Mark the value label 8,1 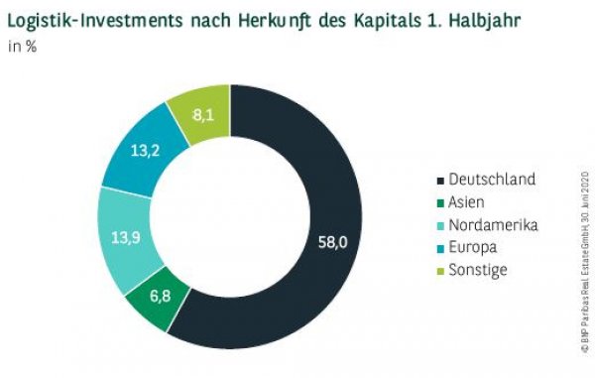(x=204, y=115)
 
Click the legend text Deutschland (x=491, y=180)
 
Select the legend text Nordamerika (x=493, y=224)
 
